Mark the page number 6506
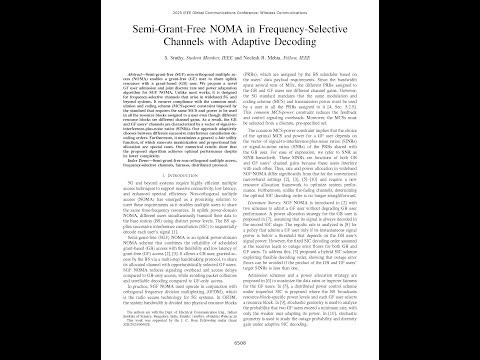pyautogui.click(x=240, y=341)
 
